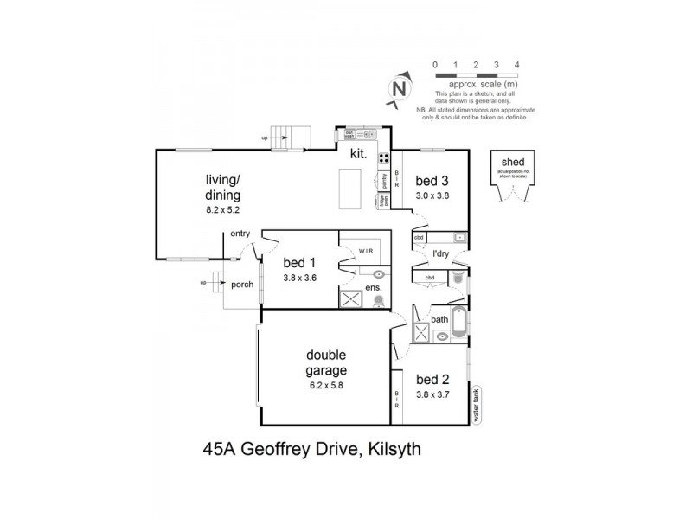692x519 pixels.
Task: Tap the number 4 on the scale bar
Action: pos(516,65)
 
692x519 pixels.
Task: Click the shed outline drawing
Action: pos(510,179)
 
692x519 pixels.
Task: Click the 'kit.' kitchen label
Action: pos(360,155)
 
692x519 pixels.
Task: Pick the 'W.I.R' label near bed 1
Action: pos(364,251)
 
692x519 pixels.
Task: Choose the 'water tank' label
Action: pos(476,403)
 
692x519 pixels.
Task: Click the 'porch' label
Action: pos(241,285)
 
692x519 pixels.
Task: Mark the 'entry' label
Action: pos(240,234)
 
